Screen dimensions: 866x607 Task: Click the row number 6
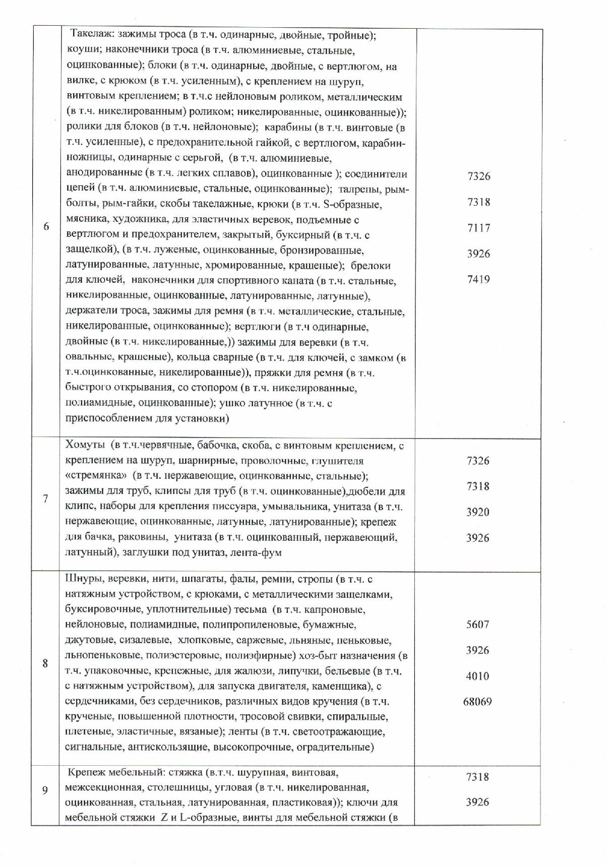point(46,226)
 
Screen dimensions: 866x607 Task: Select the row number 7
point(45,499)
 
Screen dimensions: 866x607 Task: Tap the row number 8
point(45,663)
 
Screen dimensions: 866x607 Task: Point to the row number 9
point(45,790)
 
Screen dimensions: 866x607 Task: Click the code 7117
point(478,228)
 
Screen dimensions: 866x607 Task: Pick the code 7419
point(478,279)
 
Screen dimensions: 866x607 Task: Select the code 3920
point(477,512)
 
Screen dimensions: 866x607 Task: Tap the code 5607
point(477,625)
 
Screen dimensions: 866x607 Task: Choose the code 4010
point(477,676)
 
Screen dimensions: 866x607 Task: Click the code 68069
point(477,702)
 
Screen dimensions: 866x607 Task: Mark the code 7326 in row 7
point(477,461)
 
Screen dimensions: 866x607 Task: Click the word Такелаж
point(91,36)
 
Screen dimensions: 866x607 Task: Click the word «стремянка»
point(96,476)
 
